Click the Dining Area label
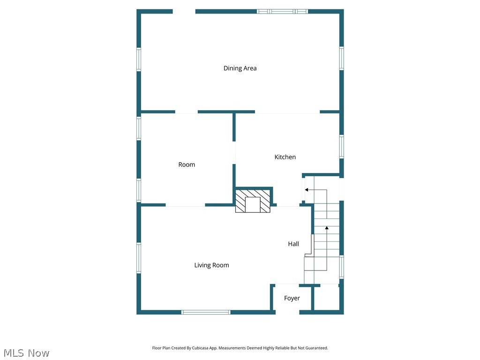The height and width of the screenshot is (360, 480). tap(240, 68)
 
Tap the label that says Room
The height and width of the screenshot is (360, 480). tap(187, 165)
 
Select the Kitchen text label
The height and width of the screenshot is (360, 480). tap(285, 157)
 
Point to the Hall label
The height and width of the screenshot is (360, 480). tap(293, 244)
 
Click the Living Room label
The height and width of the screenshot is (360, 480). tap(211, 265)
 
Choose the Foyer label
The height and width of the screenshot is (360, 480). tap(292, 298)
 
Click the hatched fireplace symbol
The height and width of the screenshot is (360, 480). tap(253, 201)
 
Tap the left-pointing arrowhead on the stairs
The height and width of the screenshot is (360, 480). tap(306, 190)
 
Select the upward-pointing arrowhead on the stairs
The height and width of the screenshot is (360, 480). tap(327, 228)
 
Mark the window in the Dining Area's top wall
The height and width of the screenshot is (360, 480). tap(282, 11)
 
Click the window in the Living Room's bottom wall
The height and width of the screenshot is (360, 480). tap(206, 312)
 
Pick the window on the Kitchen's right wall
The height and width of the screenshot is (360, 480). tap(342, 146)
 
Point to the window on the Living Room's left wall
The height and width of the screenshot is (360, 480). tap(139, 257)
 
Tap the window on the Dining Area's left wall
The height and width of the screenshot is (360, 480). tap(139, 60)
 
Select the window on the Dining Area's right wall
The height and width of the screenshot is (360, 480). tap(342, 58)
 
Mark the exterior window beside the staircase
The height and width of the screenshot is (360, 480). tap(342, 266)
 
